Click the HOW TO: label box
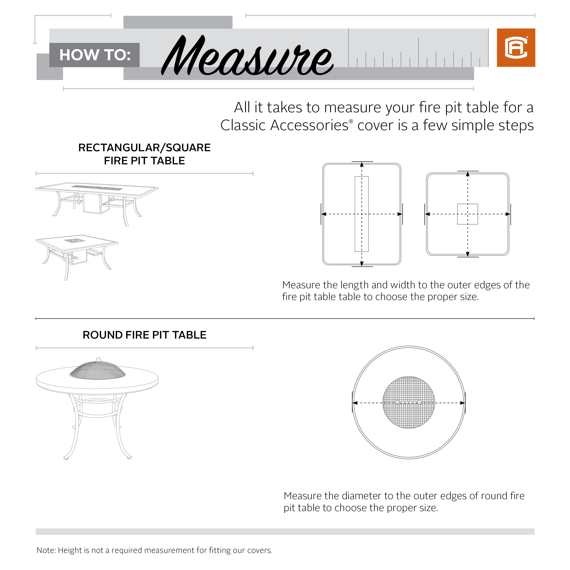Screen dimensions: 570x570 pyautogui.click(x=94, y=55)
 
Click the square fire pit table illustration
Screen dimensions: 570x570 pyautogui.click(x=77, y=255)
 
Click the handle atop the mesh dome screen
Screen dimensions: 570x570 pyautogui.click(x=98, y=359)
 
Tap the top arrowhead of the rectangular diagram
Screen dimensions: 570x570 pyautogui.click(x=362, y=165)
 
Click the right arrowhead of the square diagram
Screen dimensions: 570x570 pyautogui.click(x=507, y=214)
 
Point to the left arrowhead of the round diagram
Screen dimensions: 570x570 pyautogui.click(x=355, y=403)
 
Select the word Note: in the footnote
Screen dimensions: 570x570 pyautogui.click(x=46, y=550)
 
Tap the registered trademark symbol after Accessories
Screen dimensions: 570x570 pyautogui.click(x=351, y=121)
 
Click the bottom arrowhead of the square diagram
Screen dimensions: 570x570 pyautogui.click(x=467, y=254)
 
